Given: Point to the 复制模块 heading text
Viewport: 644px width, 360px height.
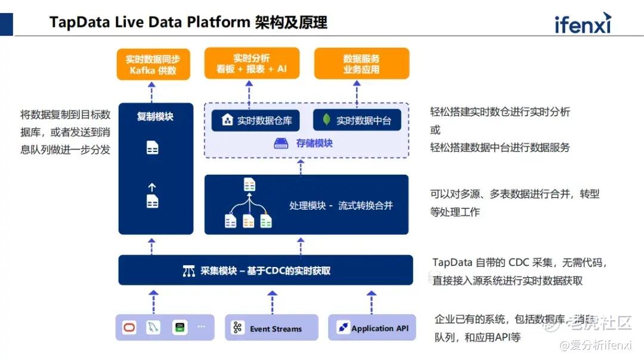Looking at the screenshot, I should tap(155, 117).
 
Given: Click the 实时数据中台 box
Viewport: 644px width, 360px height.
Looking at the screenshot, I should tap(357, 120).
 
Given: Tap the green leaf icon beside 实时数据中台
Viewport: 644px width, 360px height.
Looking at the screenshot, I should tap(327, 120).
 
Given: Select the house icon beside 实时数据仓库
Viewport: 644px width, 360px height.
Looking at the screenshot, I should tap(227, 120).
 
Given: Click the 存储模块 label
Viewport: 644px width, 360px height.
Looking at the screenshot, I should tap(314, 143).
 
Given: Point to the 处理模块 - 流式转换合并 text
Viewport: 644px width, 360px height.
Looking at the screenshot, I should tap(341, 206).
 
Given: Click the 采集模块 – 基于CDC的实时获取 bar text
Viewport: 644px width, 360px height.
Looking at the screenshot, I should tap(265, 271).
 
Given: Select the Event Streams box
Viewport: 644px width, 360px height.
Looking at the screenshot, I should tap(271, 328).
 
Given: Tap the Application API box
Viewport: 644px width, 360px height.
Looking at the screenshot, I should tap(371, 328).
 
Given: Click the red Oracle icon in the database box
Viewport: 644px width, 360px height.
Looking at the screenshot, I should tap(129, 327).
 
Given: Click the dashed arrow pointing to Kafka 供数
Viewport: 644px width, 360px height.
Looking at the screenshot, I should tap(151, 92).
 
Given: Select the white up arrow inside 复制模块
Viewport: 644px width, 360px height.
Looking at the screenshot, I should tap(152, 187).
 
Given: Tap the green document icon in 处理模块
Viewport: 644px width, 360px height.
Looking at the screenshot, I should tap(266, 221).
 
